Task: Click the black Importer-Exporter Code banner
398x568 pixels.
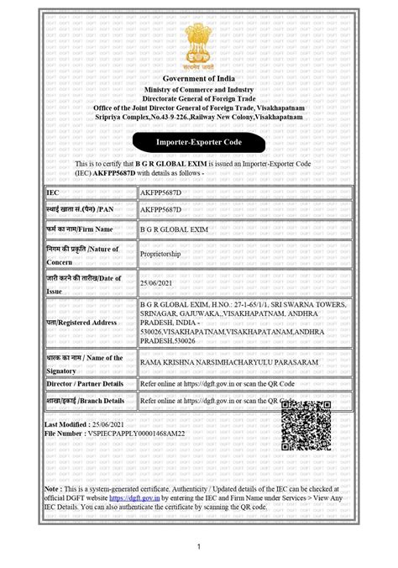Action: coord(198,143)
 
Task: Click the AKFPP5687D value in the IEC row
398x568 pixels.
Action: coord(160,193)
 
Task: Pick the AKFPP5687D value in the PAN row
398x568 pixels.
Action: coord(160,209)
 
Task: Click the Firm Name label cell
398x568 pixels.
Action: coord(81,229)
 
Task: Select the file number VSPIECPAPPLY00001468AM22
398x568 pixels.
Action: coord(123,435)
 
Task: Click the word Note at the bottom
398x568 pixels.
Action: coord(52,488)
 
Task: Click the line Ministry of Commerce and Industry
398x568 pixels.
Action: coord(198,89)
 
